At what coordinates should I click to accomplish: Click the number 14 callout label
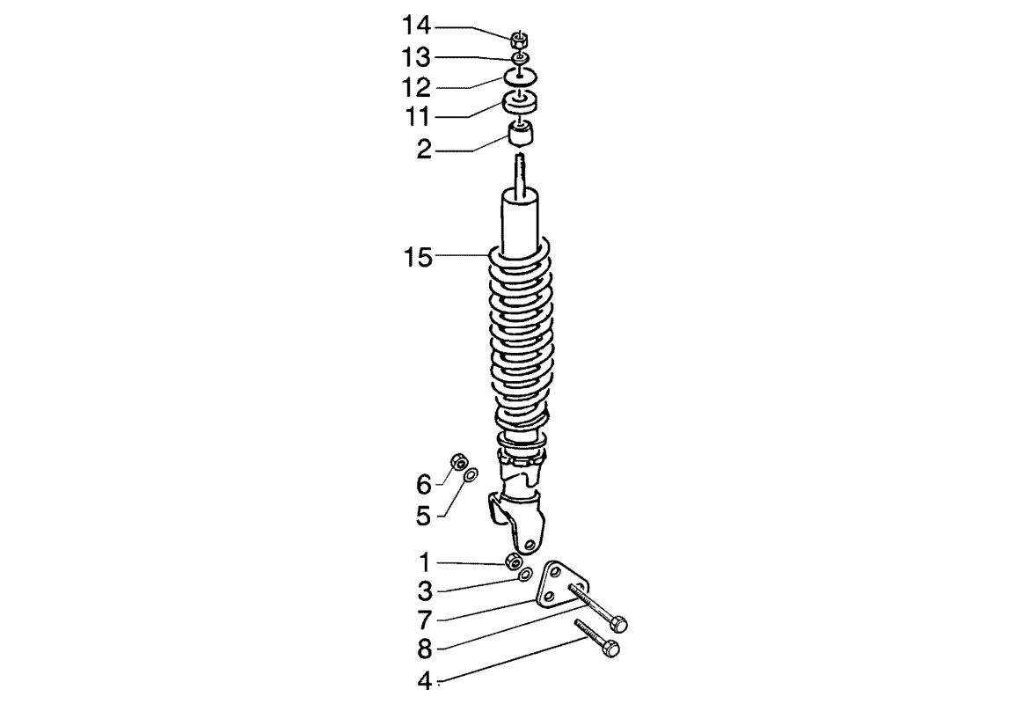click(x=416, y=26)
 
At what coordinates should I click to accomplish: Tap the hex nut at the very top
click(x=519, y=39)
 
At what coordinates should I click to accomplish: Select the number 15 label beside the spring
click(x=418, y=257)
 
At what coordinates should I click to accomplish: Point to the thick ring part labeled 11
click(x=520, y=103)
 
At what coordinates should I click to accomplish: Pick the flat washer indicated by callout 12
click(x=520, y=77)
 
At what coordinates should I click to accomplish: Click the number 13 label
click(x=416, y=57)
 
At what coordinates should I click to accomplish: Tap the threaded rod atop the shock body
click(x=520, y=172)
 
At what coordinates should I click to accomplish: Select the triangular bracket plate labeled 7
click(x=560, y=585)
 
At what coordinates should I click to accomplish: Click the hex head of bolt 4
click(x=611, y=649)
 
